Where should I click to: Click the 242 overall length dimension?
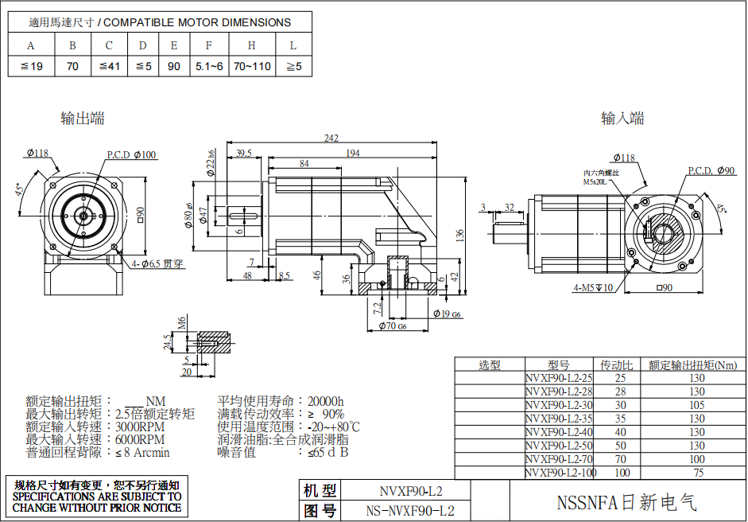coord(331,138)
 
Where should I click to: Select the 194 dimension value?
coord(351,153)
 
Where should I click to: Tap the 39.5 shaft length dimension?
coord(244,153)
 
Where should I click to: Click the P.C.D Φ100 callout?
coord(132,154)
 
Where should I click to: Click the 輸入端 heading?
coord(622,119)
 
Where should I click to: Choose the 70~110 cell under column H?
coord(252,66)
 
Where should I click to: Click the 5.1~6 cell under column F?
coord(208,66)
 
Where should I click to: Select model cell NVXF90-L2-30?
coord(560,405)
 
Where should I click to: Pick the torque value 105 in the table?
coord(696,405)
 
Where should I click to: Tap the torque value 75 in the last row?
coord(696,473)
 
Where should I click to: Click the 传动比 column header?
coord(621,365)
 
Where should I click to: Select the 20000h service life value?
coord(325,401)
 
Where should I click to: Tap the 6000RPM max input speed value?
coord(140,439)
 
